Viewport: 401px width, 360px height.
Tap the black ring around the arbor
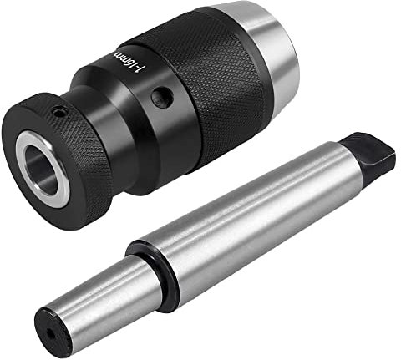tap(150, 267)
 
